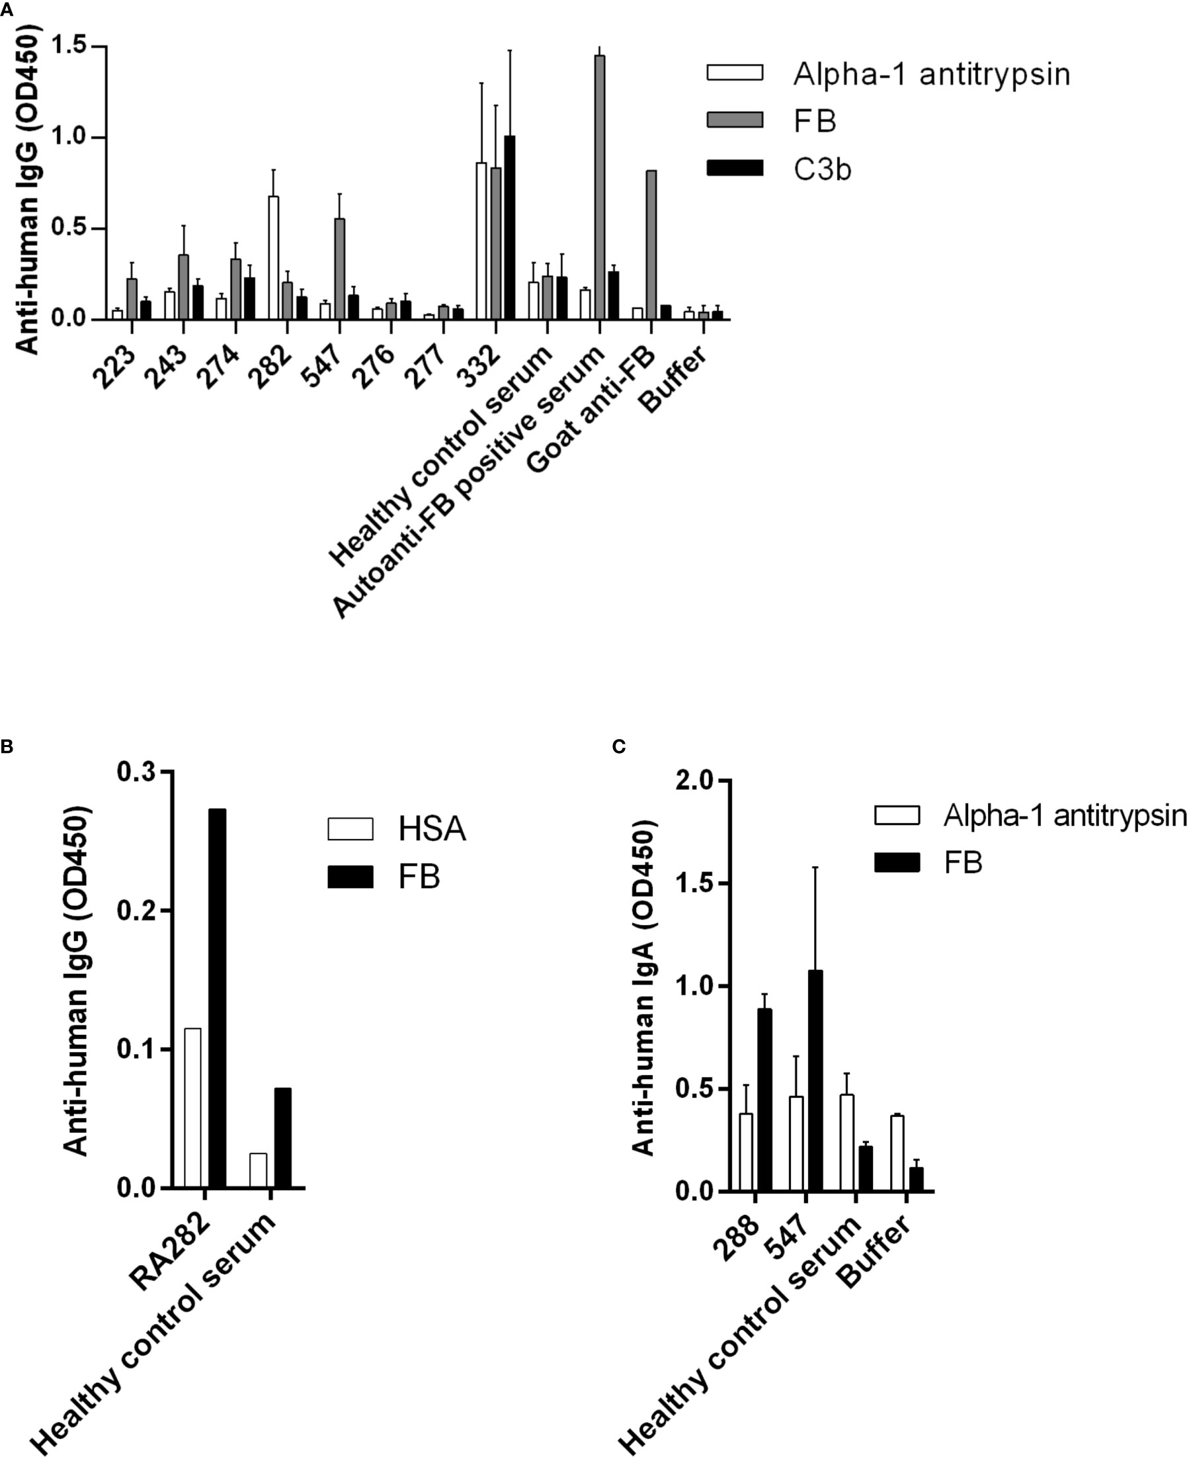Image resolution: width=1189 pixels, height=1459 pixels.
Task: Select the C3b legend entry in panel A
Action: [822, 169]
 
